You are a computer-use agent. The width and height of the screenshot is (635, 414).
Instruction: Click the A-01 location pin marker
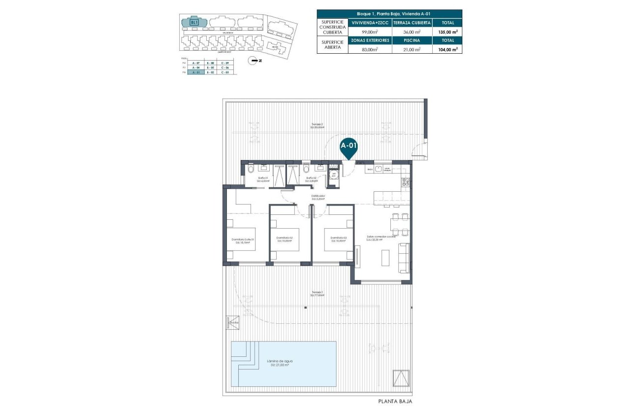pos(349,147)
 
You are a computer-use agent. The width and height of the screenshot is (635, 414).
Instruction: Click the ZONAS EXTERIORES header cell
pos(369,40)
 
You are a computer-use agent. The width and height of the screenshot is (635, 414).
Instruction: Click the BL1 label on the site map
pos(194,22)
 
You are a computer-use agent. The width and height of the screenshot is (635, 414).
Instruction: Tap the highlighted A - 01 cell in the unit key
pos(196,72)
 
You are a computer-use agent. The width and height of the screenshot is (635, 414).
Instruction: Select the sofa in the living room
pos(404,258)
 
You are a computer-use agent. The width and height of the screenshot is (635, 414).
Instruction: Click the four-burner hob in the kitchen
pos(406,183)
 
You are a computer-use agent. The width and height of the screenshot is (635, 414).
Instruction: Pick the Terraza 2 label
pos(317,125)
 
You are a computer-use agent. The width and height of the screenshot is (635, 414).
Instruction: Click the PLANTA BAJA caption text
pos(395,402)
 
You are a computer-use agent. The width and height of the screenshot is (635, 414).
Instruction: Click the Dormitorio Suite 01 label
pos(243,241)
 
